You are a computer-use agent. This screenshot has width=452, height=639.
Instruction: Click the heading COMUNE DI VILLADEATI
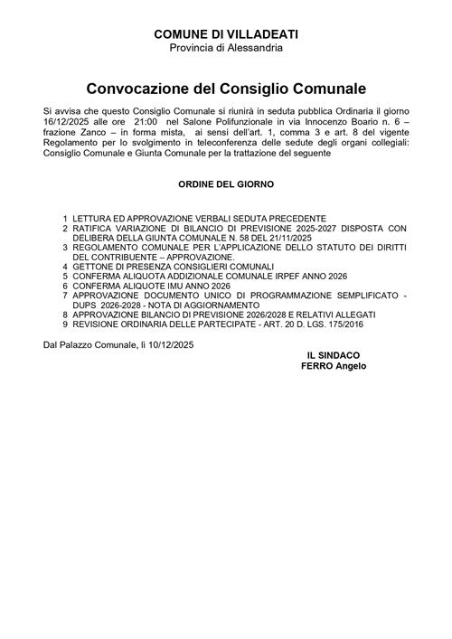(x=226, y=33)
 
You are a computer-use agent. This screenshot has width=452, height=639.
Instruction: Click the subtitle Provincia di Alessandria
(x=226, y=47)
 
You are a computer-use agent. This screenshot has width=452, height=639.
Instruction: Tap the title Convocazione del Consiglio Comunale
(x=226, y=89)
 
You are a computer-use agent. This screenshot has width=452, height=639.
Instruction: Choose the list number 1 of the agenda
(x=65, y=219)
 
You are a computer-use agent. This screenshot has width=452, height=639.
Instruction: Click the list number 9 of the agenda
(x=65, y=324)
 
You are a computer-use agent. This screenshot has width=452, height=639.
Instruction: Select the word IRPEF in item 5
(x=271, y=277)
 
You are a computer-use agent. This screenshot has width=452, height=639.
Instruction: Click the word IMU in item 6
(x=167, y=287)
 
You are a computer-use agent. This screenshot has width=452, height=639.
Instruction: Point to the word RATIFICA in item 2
(x=95, y=229)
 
